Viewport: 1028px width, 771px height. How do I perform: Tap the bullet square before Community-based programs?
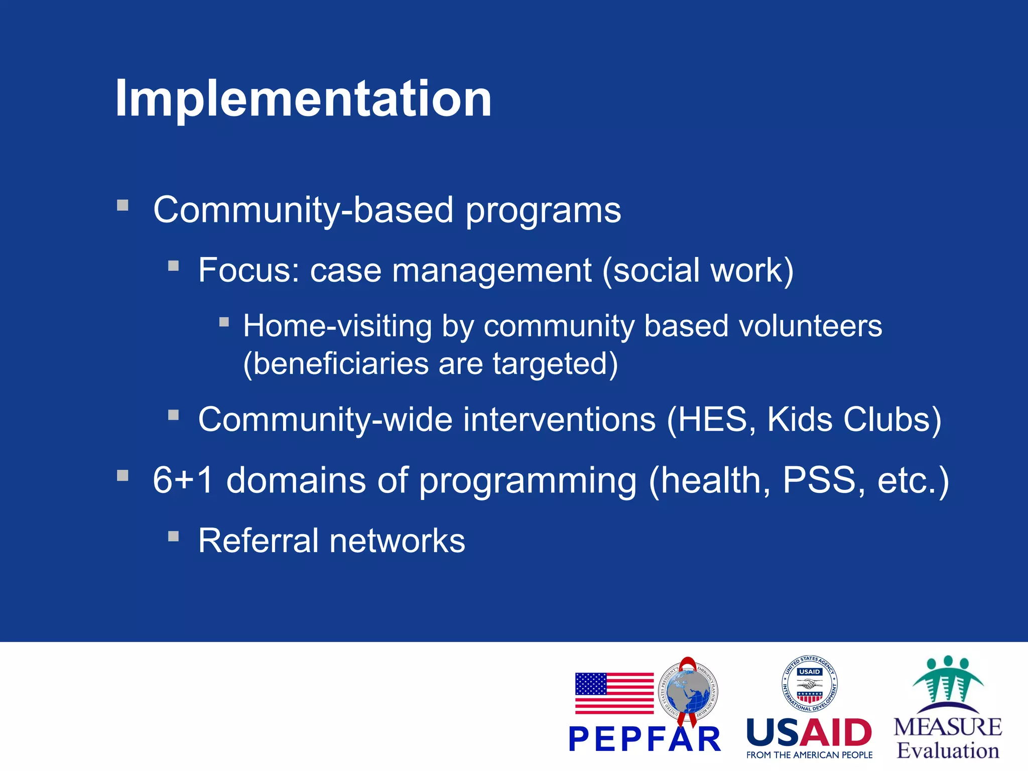tap(123, 205)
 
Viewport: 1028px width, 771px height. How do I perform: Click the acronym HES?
tap(712, 420)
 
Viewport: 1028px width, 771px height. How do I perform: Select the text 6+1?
tap(183, 480)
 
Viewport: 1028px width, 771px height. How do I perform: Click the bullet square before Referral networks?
tap(174, 537)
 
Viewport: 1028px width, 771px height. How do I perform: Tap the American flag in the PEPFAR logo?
tap(614, 693)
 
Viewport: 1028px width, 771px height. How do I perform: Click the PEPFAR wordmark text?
tap(645, 739)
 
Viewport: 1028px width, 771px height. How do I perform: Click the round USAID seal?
tap(809, 684)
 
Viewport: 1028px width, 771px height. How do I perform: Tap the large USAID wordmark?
tap(809, 733)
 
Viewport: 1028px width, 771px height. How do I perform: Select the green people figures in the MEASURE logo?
tap(948, 680)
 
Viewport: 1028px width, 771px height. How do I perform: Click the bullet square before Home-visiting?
tap(224, 322)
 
